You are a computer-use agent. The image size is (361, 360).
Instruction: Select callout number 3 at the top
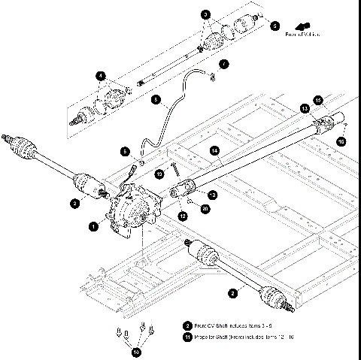coord(206,15)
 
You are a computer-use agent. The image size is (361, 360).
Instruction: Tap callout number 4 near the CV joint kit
coord(100,75)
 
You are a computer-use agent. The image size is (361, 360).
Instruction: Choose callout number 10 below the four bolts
coord(135,350)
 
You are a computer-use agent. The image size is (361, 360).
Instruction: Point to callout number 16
coord(341,141)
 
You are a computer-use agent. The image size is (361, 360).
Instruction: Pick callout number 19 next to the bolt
coord(159,174)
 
